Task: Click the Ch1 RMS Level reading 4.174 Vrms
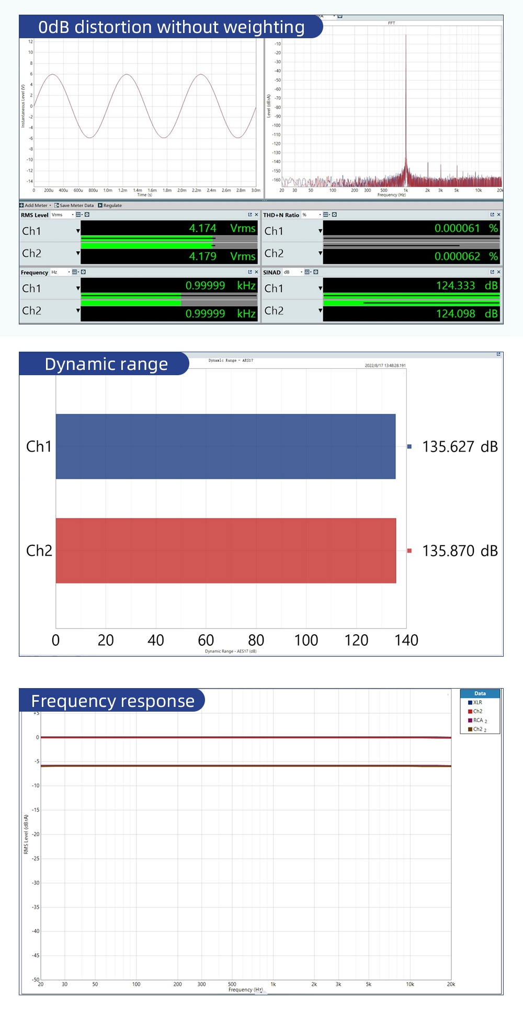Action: click(x=222, y=228)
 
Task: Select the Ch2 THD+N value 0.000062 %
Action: click(x=465, y=256)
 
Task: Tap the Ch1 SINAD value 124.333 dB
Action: click(x=466, y=286)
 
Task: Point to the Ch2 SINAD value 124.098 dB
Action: click(x=466, y=314)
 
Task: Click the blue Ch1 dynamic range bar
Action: click(x=225, y=446)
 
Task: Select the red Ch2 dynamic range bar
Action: click(x=225, y=550)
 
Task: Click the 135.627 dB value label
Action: click(x=460, y=447)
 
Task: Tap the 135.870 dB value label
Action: click(x=460, y=551)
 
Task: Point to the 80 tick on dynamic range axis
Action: click(x=256, y=640)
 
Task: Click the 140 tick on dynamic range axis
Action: click(x=406, y=640)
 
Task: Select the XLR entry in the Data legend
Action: click(x=477, y=703)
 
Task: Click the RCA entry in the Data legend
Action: click(x=478, y=721)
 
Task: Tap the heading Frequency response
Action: click(x=112, y=701)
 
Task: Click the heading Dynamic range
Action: click(x=106, y=364)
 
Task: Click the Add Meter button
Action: click(x=36, y=206)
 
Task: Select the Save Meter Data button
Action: click(x=76, y=206)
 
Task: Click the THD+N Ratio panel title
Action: click(x=281, y=215)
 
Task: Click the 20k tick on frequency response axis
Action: click(x=451, y=984)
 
